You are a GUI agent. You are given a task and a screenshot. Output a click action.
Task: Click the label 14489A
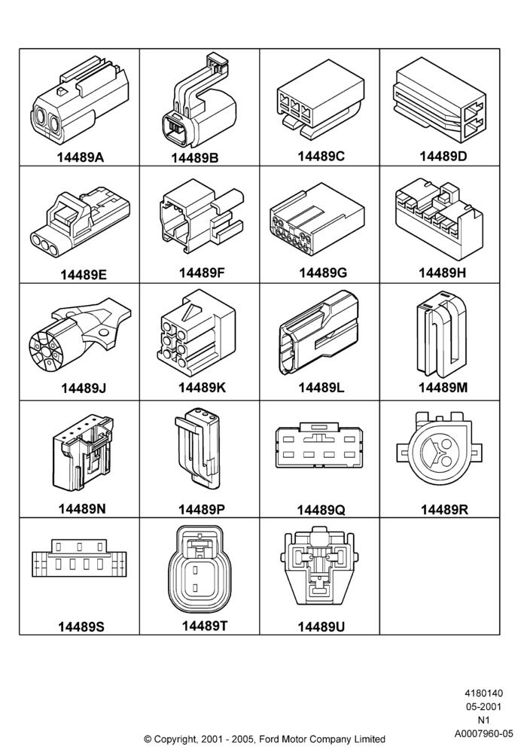pos(80,157)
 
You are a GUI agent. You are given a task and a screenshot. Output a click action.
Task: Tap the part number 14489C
pos(321,156)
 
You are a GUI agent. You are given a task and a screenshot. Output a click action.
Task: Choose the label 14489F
pos(202,273)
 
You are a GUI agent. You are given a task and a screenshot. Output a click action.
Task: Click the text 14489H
pos(443,273)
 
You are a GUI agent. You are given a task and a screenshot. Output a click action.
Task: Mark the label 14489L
pos(321,387)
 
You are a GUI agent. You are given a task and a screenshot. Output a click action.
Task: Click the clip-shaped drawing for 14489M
pos(440,334)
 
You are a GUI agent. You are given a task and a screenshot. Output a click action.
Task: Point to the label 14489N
pos(82,508)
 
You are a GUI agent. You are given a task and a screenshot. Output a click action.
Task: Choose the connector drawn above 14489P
pos(197,447)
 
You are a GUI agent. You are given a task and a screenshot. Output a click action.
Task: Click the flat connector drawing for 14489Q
pos(319,445)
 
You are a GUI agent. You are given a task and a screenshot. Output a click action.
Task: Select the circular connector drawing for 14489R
pos(439,450)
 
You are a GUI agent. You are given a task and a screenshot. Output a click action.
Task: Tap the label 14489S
pos(81,626)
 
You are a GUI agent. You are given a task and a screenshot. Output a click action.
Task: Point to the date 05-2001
pos(484,706)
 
